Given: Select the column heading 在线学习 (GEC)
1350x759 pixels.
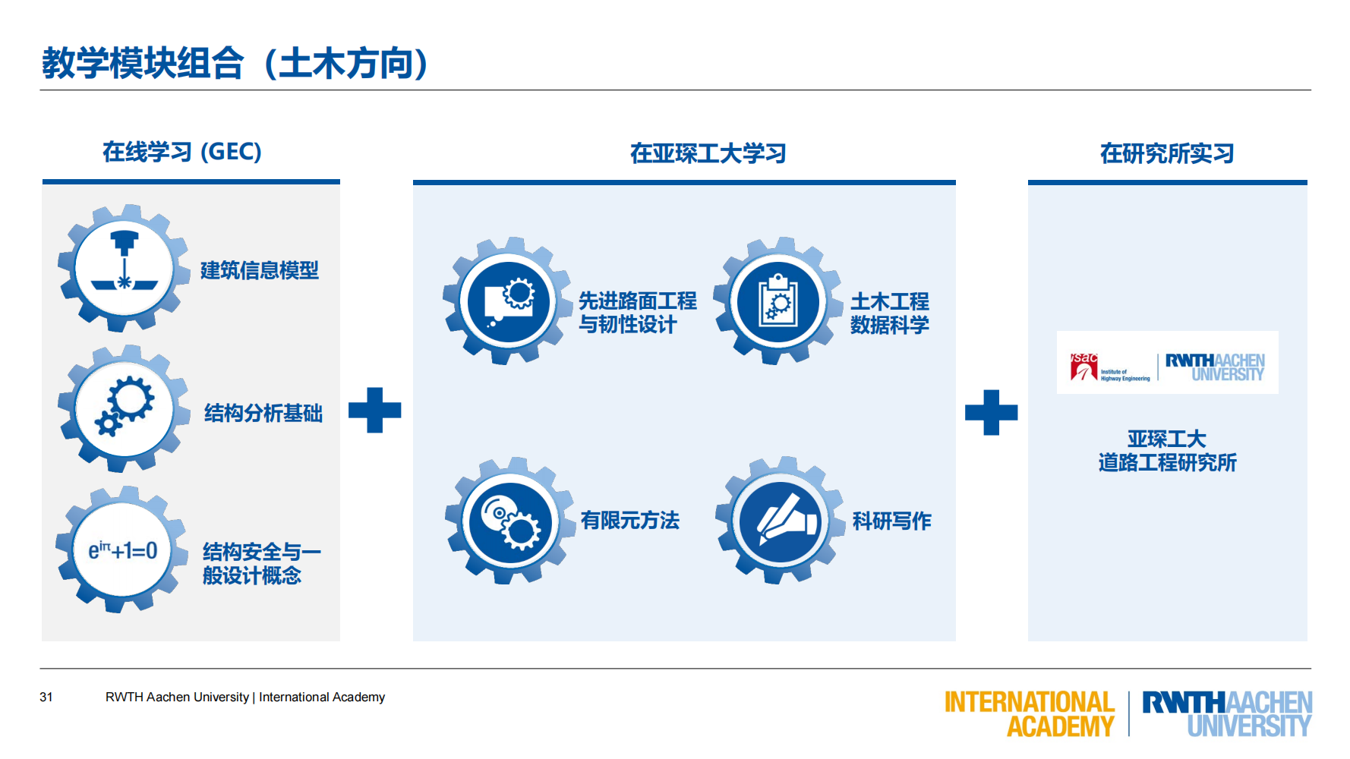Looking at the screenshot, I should [x=182, y=152].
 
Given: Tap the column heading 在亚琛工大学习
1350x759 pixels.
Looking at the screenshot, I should [x=708, y=154].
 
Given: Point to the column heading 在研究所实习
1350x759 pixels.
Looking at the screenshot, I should [x=1167, y=154].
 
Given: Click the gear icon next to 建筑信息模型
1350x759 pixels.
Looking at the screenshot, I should [x=124, y=268].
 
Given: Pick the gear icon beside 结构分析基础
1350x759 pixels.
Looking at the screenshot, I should [x=124, y=409].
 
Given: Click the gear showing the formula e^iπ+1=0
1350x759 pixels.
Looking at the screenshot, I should [x=122, y=550].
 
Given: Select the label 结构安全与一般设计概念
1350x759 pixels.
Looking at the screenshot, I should [x=261, y=563].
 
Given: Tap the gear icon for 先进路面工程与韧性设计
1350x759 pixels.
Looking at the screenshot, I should [x=508, y=301].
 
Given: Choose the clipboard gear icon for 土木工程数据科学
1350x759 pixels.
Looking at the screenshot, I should [x=778, y=301].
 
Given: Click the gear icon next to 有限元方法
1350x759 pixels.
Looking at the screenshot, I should [x=509, y=521].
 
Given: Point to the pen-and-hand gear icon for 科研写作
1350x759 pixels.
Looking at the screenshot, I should [x=780, y=521].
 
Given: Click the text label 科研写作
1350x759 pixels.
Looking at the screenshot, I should [x=891, y=521].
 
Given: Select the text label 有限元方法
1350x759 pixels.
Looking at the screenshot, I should [x=629, y=521].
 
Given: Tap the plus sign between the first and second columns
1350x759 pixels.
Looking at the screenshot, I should [x=374, y=411].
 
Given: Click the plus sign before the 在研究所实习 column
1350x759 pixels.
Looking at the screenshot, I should [x=991, y=413].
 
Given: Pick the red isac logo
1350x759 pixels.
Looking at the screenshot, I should [x=1084, y=367].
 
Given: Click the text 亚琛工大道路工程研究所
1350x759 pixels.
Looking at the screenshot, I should [x=1167, y=451].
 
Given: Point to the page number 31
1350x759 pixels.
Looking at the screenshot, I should [x=46, y=697].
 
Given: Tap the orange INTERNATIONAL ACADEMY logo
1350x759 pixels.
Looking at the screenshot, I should [x=1029, y=713].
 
